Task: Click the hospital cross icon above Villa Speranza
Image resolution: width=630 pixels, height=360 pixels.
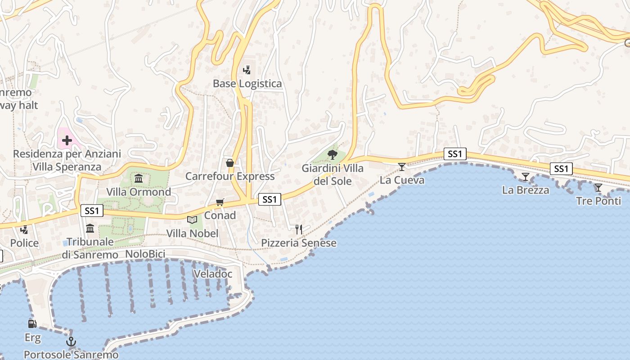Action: [x=67, y=140]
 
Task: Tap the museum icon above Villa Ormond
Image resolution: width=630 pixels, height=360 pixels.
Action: [x=139, y=178]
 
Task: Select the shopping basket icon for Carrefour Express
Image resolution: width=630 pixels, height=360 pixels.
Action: [x=230, y=162]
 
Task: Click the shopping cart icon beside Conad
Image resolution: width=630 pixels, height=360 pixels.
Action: [x=220, y=202]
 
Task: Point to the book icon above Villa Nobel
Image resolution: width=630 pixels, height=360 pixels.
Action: [x=192, y=220]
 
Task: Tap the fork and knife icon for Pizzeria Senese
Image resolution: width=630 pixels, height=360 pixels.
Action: [x=298, y=229]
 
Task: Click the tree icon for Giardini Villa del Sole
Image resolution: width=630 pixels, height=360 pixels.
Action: [x=333, y=155]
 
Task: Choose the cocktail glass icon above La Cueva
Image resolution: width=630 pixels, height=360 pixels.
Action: [x=402, y=167]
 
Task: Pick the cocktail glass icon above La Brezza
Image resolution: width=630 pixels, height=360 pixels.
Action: [x=525, y=177]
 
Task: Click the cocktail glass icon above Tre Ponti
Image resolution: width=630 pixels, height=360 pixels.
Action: [x=598, y=188]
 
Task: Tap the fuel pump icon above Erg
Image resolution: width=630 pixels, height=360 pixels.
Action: [x=32, y=324]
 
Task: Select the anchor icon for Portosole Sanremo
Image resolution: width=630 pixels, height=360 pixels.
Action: [x=71, y=342]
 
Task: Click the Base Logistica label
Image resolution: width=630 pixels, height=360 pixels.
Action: [x=247, y=84]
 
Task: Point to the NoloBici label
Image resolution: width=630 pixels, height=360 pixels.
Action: [x=145, y=254]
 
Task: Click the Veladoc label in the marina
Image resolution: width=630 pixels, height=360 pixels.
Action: [x=213, y=274]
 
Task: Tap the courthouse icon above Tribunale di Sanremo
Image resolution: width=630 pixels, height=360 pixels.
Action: [x=90, y=229]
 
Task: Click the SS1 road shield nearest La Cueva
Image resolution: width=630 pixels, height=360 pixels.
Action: [x=455, y=154]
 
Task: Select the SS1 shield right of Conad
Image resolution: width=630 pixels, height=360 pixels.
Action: [x=270, y=199]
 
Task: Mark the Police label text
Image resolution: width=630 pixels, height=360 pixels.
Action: [x=24, y=243]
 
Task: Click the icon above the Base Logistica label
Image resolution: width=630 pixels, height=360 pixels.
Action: [x=247, y=70]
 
